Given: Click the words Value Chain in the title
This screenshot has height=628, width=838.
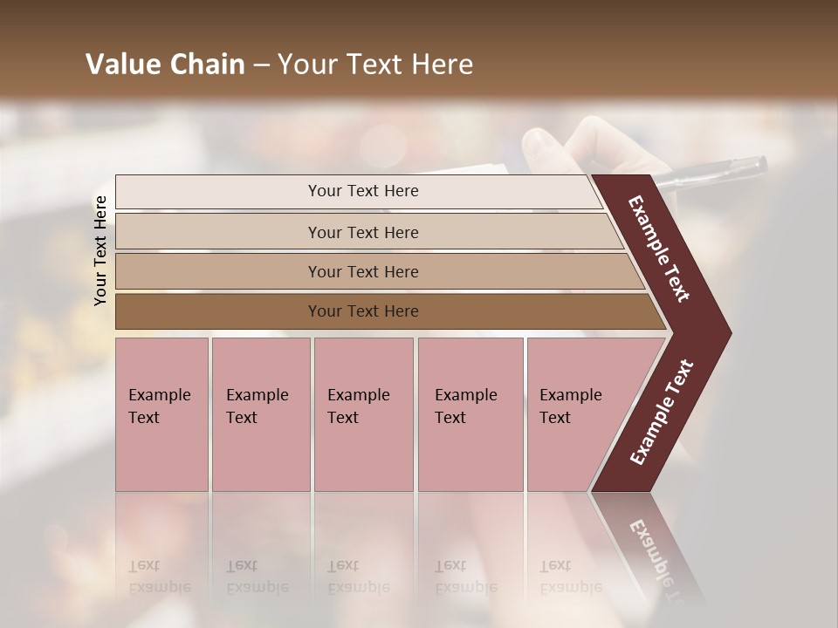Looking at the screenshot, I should (x=165, y=65).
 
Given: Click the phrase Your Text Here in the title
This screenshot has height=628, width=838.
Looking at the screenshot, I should (x=375, y=65).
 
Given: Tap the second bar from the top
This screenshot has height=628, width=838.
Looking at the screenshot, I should (x=363, y=232).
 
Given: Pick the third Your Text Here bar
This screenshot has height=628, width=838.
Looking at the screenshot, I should (x=363, y=271).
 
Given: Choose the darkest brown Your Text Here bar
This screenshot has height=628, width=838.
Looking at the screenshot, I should (x=363, y=311).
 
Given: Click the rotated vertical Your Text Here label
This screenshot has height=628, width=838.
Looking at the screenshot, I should (x=100, y=250).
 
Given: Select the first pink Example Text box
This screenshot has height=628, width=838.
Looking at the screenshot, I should (x=161, y=413).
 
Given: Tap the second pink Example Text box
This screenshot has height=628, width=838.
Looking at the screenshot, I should (x=260, y=413).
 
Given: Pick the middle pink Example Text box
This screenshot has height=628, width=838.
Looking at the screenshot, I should (x=363, y=413).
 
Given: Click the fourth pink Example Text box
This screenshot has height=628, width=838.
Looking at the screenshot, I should (x=470, y=413).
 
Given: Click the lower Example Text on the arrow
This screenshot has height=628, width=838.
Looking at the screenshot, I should (x=662, y=413).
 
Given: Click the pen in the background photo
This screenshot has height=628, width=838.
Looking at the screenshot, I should (x=711, y=172).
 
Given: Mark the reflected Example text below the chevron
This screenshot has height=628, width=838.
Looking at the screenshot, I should (x=655, y=549).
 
